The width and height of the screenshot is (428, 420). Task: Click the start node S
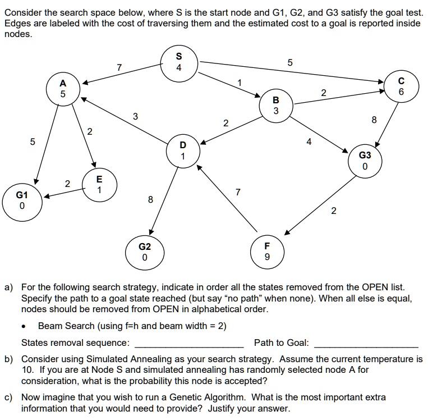point(178,62)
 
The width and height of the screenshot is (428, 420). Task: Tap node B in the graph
point(275,105)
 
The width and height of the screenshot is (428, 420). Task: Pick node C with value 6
point(401,85)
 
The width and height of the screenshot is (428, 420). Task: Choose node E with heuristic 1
point(99,185)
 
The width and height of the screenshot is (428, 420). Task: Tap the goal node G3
point(365,161)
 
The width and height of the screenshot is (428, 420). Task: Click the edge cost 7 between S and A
point(119,68)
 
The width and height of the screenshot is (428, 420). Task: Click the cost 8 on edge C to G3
point(374,119)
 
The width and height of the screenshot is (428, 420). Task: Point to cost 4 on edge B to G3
point(309,143)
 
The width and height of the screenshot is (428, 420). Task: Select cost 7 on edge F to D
point(238,193)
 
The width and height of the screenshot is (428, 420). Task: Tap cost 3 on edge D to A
point(135,116)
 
